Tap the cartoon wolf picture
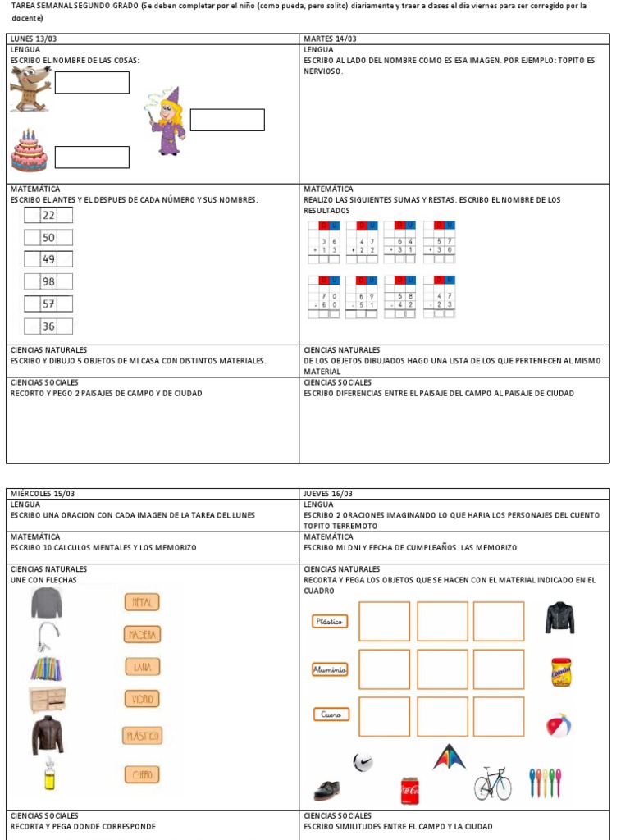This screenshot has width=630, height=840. pos(30,88)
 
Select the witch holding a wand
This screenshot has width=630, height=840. pos(167,122)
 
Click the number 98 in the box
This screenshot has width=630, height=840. pos(48,281)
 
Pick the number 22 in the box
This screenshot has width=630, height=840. pos(48,215)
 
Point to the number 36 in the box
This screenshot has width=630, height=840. pos(48,326)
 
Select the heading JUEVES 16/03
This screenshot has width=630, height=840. pos(328,494)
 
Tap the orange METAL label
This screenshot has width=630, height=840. pos(142,602)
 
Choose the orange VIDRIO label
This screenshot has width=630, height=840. pos(142,699)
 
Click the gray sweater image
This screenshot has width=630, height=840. pos(47,603)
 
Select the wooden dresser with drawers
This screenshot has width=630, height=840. pos(48,700)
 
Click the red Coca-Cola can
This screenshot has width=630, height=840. pos(410,791)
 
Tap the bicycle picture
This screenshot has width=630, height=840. pos(493,783)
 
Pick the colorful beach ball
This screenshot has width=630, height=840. pos(559,725)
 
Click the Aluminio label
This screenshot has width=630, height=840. pos(330,669)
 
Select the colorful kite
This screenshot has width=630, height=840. pos(450,756)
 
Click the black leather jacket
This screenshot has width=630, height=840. pos(559,618)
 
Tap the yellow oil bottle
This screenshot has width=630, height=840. pos(49,774)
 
